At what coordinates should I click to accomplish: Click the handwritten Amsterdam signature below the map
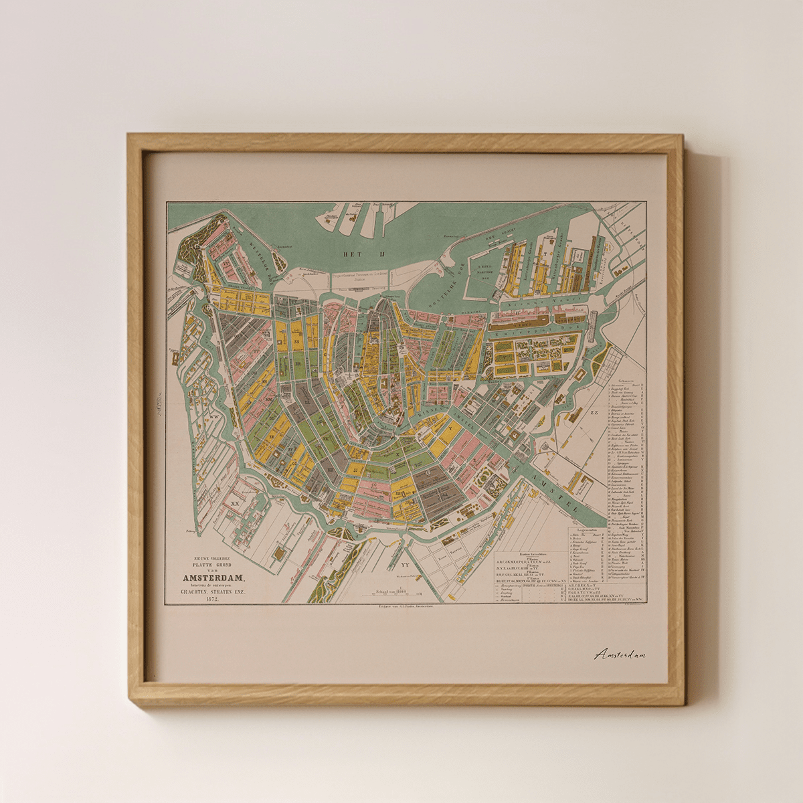point(620,654)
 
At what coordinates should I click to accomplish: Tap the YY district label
point(405,563)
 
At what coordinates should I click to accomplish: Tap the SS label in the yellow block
point(296,341)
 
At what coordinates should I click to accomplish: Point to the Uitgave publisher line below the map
point(406,607)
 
